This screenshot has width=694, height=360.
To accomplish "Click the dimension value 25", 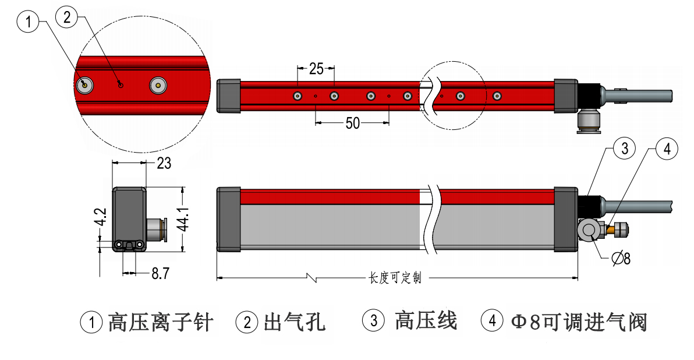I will click(x=316, y=69).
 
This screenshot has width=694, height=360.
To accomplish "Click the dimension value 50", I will click(x=352, y=123).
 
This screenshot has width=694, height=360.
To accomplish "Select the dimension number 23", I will click(x=164, y=164).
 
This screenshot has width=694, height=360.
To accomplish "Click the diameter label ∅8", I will click(x=621, y=258).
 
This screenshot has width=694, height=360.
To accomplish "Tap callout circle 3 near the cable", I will click(x=624, y=149).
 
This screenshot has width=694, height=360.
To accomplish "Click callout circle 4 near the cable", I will click(x=667, y=149).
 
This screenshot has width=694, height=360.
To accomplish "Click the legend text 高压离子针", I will click(x=161, y=322).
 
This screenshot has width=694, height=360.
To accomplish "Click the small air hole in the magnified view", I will click(x=121, y=84).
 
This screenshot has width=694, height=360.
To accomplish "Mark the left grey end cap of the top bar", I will click(x=228, y=95).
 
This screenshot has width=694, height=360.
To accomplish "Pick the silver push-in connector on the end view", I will click(x=155, y=229).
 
